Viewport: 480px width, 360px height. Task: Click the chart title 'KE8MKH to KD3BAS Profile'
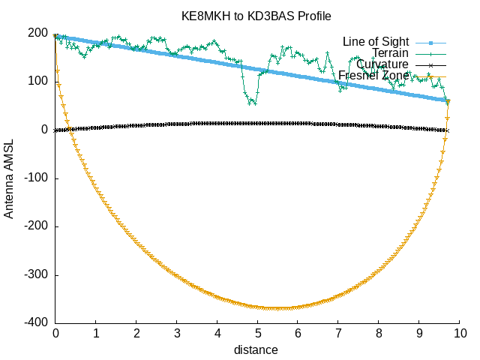256,16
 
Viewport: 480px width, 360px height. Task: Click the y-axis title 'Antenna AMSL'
9,178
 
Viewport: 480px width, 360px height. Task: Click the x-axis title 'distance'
256,350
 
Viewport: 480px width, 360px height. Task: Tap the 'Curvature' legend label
382,64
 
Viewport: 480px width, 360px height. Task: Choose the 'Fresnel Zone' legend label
373,75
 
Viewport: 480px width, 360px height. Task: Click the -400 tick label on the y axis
36,323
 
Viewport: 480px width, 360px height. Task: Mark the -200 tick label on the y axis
36,226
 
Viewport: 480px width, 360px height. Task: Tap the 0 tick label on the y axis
45,130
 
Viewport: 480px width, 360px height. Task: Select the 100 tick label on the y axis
39,81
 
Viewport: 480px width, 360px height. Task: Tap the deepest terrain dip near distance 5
252,103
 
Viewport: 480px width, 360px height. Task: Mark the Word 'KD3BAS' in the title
278,16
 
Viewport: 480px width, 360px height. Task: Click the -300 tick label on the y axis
36,275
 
